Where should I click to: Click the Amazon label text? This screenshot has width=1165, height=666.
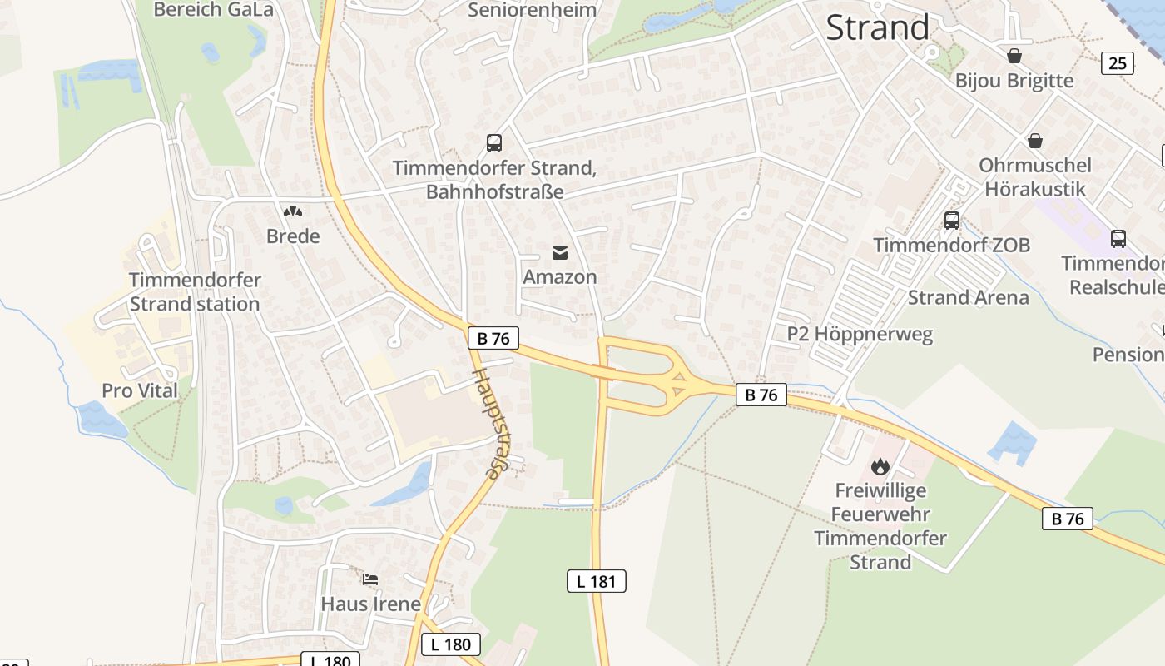[560, 276]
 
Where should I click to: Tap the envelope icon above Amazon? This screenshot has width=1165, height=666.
[560, 252]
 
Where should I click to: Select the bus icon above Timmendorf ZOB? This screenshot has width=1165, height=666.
[952, 221]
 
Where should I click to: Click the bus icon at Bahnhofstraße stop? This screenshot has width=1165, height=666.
[494, 142]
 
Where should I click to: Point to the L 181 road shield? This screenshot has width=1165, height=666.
[596, 581]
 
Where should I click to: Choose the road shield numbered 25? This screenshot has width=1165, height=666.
[1117, 62]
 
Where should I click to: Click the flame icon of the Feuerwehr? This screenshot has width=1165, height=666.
[880, 466]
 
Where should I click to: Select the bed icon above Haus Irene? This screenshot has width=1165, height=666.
[370, 579]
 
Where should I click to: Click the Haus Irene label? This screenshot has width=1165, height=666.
[370, 604]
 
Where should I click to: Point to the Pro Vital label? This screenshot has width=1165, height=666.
[140, 390]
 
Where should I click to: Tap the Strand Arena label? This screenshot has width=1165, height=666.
[968, 297]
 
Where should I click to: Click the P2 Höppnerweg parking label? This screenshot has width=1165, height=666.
[860, 334]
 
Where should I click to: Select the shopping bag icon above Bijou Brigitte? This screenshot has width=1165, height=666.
[1014, 56]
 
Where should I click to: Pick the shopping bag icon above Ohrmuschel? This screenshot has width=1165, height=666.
[1034, 141]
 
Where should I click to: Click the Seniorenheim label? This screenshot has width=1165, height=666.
[533, 10]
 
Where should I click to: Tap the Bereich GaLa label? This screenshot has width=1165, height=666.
[214, 10]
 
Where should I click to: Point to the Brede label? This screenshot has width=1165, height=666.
[293, 236]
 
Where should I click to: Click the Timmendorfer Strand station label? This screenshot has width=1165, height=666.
[195, 292]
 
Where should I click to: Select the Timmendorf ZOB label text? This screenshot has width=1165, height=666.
[951, 245]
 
